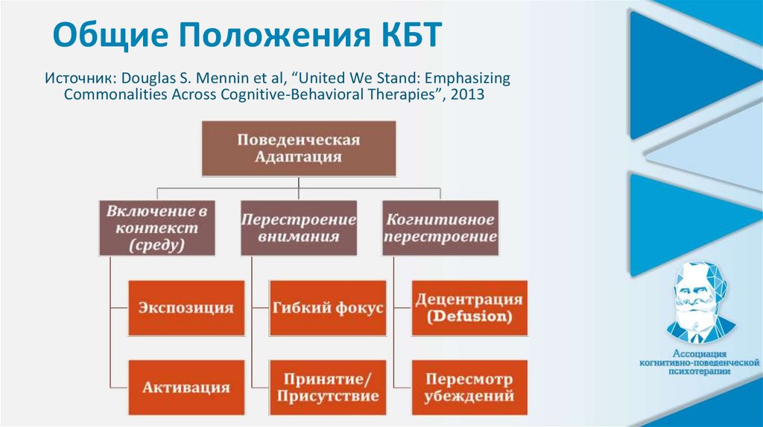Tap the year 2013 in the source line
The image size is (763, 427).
click(x=469, y=95)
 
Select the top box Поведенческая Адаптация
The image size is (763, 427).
click(x=298, y=149)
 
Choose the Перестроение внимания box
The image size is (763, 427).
click(x=298, y=228)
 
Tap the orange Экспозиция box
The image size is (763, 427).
click(x=186, y=307)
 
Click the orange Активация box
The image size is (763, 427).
click(x=186, y=388)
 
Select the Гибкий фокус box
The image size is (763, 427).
click(x=328, y=307)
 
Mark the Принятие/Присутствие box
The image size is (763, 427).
click(x=328, y=388)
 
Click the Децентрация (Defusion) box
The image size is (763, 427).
click(x=469, y=307)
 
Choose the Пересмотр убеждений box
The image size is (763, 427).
click(x=469, y=388)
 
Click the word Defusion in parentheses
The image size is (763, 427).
click(x=469, y=316)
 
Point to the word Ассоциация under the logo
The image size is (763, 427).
click(x=694, y=354)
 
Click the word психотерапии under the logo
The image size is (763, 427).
click(x=694, y=372)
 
